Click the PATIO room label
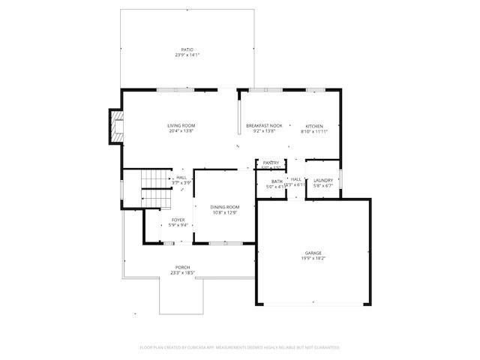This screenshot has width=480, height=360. click(x=187, y=49)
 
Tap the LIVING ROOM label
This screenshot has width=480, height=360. click(x=181, y=126)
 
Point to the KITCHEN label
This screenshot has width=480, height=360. click(x=313, y=126)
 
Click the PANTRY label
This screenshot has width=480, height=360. click(x=271, y=163)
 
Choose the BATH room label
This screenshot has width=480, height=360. click(x=277, y=181)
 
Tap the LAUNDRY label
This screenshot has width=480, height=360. click(x=323, y=180)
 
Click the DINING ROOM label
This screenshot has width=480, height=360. click(x=224, y=207)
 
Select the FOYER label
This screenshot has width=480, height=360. click(x=178, y=220)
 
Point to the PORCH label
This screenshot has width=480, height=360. click(x=182, y=268)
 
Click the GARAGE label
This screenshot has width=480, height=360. click(x=313, y=253)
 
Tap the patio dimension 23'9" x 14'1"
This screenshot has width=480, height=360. click(x=187, y=55)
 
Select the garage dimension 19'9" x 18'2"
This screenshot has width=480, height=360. click(x=313, y=259)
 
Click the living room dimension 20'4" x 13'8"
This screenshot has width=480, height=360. click(x=181, y=131)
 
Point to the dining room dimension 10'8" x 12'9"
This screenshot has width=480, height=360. click(x=224, y=212)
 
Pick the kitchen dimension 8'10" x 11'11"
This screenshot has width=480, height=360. click(x=313, y=131)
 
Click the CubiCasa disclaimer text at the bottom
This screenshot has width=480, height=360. click(x=240, y=347)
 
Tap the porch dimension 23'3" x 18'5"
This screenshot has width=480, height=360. click(x=182, y=273)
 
